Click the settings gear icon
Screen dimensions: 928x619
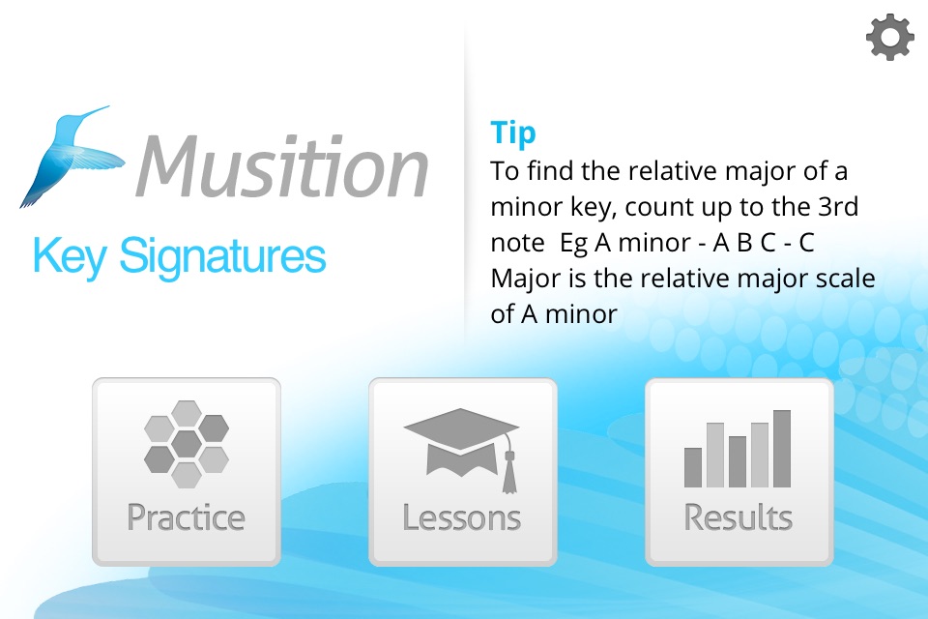pos(889,38)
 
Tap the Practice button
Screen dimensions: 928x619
pos(187,472)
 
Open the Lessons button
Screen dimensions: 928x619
pos(463,472)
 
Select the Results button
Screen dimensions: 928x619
pos(739,472)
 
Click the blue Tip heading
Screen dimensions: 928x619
pos(513,133)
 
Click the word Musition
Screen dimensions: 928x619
pos(282,165)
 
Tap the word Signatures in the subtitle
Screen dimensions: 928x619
pos(222,257)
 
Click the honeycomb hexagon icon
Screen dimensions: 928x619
pos(187,444)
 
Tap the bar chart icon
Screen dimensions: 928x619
pos(738,449)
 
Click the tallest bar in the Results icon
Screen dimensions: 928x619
pos(782,449)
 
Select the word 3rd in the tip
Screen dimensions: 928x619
pos(837,207)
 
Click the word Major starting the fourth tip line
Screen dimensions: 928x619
pos(526,279)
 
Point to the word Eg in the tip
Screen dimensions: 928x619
pos(573,244)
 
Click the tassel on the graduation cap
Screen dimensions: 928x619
pos(509,468)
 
